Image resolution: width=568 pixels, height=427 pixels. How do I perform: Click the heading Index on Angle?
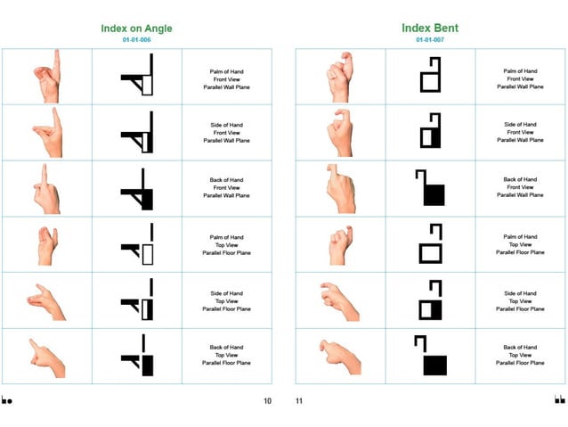136,29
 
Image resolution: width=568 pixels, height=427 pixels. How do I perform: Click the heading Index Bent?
429,29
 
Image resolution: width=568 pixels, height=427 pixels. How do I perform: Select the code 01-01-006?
136,40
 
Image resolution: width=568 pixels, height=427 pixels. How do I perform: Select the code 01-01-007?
429,40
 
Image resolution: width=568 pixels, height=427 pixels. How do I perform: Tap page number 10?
267,400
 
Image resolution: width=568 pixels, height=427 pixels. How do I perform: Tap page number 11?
299,400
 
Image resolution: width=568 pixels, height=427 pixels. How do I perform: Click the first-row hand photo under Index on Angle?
48,75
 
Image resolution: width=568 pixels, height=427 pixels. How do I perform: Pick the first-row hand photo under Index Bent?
340,75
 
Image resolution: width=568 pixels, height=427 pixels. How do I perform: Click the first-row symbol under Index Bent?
430,75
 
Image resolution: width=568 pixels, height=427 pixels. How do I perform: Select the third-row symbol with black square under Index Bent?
430,188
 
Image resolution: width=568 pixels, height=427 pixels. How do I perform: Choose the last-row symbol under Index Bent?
430,356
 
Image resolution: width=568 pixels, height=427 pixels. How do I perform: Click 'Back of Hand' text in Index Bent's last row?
519,348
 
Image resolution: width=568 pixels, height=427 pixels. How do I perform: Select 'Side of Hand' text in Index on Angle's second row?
226,125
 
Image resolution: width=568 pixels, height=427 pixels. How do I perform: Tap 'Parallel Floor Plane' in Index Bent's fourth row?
519,252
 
